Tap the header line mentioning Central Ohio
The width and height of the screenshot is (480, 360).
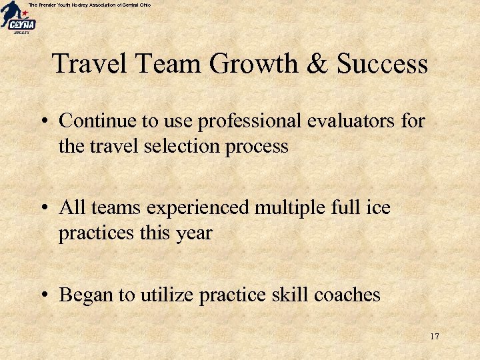click(89, 5)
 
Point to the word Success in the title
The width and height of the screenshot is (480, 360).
click(382, 65)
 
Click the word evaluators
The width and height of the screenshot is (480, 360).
click(353, 121)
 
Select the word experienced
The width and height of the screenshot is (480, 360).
click(198, 209)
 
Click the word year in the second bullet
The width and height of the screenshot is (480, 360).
click(193, 234)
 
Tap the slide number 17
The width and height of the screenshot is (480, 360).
click(434, 336)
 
